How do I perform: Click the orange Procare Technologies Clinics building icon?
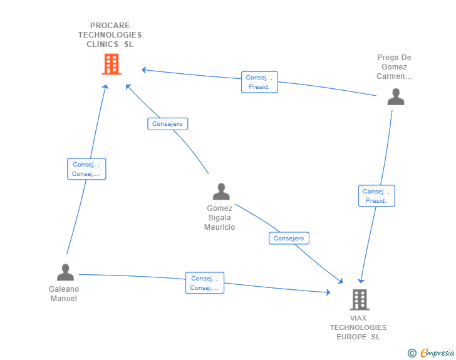(111, 64)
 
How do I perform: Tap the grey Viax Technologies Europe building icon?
(360, 299)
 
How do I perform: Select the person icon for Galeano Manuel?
(65, 272)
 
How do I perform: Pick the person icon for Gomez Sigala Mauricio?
(221, 192)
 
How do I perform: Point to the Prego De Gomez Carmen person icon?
(396, 96)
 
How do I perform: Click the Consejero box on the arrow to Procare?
(167, 124)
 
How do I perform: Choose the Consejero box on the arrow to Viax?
(289, 238)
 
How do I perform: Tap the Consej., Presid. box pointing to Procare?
(259, 82)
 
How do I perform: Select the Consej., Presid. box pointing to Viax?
(376, 196)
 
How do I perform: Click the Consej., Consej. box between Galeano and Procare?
(86, 169)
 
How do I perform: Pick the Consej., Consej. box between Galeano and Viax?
(205, 283)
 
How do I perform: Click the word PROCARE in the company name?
(110, 26)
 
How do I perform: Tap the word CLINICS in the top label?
(102, 44)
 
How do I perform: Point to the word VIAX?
(358, 318)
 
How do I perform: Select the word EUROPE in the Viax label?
(351, 337)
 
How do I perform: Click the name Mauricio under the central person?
(220, 227)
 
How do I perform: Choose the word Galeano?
(64, 289)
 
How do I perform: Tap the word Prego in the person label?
(386, 58)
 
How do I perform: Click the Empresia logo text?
(437, 352)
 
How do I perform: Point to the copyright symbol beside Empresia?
(412, 353)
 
